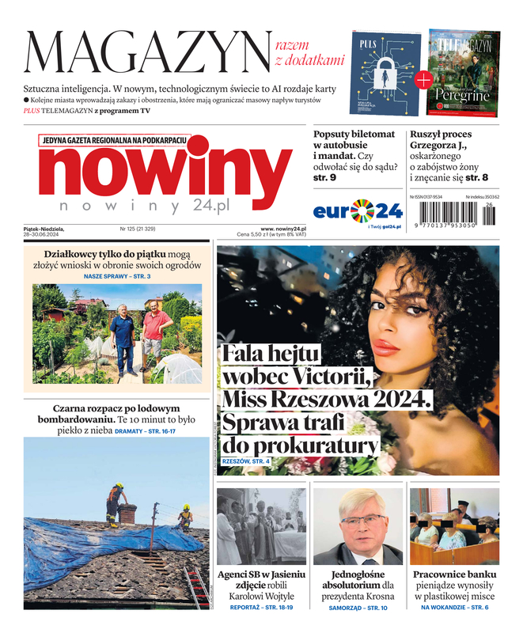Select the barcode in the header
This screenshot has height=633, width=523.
(x=455, y=214)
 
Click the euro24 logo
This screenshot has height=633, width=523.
(x=358, y=211)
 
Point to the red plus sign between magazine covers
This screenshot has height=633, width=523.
(x=424, y=79)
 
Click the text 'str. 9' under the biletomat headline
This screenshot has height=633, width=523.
(x=325, y=178)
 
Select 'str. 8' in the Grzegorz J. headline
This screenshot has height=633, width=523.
(x=477, y=178)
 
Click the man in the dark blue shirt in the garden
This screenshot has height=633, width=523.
(x=123, y=331)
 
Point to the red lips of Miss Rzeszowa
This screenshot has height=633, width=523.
(x=386, y=347)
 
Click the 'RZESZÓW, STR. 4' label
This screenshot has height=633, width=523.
(x=246, y=461)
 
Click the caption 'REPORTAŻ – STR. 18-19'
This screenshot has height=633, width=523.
(x=261, y=607)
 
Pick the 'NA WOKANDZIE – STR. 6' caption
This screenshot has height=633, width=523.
(x=454, y=607)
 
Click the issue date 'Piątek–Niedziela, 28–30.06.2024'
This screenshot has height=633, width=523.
(x=44, y=232)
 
